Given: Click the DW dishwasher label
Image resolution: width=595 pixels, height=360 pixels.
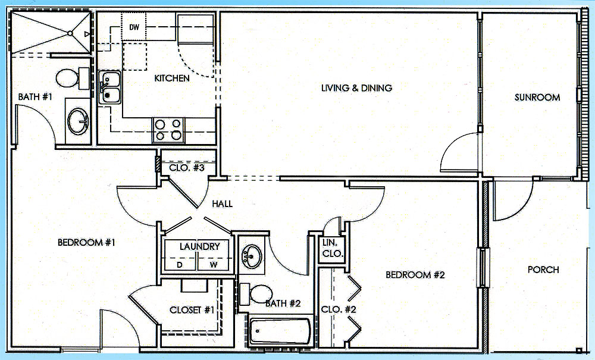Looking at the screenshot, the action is coord(134,27).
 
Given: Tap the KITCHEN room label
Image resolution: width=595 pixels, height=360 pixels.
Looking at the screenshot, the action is coord(172,78).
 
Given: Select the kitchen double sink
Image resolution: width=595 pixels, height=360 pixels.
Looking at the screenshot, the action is coord(110,87).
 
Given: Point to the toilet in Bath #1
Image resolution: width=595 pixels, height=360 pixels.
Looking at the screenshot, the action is coord(72,79).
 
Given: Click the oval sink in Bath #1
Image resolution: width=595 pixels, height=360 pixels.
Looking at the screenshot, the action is coord(78,121).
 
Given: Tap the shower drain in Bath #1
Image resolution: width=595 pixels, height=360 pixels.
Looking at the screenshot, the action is coord(70,33).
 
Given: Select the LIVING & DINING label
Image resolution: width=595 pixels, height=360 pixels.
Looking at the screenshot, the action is coord(356,88).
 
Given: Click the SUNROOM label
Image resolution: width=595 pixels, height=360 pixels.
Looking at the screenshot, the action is coord(537,98).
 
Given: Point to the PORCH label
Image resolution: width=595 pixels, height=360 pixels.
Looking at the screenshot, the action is coord(543,270).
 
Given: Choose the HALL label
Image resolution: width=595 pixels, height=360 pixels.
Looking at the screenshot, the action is coord(222,204).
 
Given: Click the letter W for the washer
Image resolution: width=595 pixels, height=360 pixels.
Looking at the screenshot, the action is coord(213,265).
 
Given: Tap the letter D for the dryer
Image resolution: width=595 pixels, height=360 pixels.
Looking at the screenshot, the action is coord(180,265).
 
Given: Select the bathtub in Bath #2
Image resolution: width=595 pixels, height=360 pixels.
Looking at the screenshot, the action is coord(280,331).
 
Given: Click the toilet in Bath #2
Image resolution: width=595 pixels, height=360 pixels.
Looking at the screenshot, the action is coord(256,294).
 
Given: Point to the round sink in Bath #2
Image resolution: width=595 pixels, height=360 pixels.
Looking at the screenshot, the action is coord(252,256).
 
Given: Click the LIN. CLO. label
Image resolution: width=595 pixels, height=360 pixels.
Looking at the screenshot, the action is coord(333,249).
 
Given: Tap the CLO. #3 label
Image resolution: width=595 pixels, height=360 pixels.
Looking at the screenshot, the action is coord(187,168).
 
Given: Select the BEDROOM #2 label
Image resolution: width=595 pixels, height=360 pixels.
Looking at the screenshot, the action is coord(415,275).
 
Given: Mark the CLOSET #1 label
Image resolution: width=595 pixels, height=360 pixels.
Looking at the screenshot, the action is coord(192,310).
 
